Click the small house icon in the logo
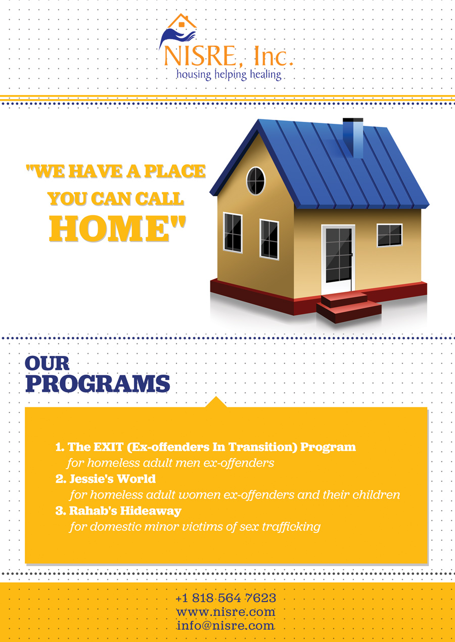(x=181, y=22)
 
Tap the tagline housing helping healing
(x=228, y=75)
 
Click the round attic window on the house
(x=256, y=180)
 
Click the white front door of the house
(x=338, y=258)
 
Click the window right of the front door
(x=389, y=235)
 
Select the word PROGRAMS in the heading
(x=98, y=384)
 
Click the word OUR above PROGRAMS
(x=47, y=363)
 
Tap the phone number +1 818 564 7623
(x=225, y=598)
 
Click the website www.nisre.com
(x=225, y=612)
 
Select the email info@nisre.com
(x=225, y=625)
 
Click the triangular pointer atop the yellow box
(x=216, y=402)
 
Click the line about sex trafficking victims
(x=195, y=526)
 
